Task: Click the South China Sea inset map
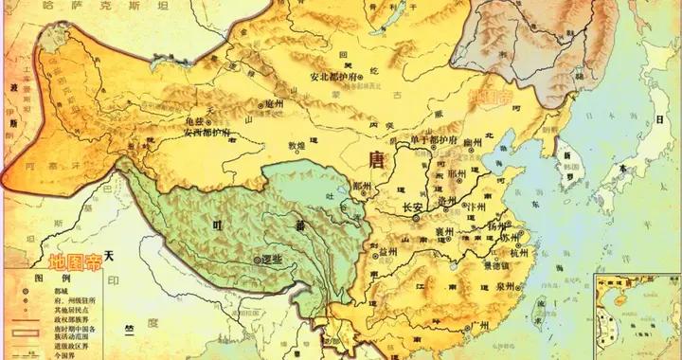[637, 317]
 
